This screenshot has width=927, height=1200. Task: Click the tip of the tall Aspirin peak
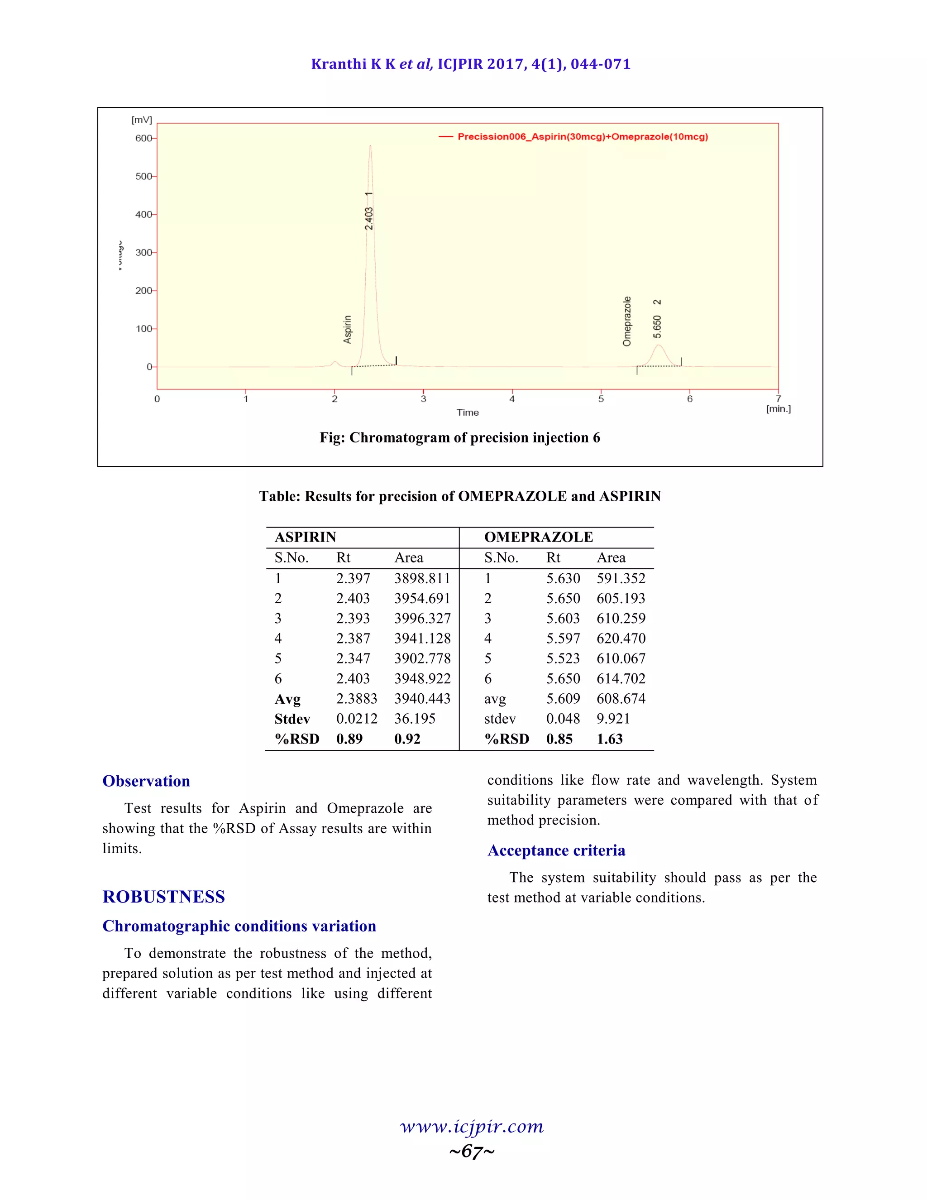point(370,146)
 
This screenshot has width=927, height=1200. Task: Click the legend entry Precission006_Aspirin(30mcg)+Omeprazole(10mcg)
point(582,137)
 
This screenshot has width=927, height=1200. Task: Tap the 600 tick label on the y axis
point(143,139)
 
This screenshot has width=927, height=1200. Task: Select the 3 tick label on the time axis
point(423,399)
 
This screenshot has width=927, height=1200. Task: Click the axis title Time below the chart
point(467,413)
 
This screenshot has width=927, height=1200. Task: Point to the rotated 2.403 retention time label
point(369,218)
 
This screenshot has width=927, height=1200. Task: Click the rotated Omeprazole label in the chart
point(626,322)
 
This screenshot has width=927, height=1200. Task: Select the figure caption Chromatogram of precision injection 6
point(460,438)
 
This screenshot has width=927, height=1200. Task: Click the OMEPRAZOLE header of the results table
point(538,538)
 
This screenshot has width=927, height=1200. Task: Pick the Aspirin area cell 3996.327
point(422,619)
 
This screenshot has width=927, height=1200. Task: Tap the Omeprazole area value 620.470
point(621,638)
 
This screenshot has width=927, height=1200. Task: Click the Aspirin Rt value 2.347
point(353,659)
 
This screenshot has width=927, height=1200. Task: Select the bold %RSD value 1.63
point(610,739)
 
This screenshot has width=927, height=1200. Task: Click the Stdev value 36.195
point(415,719)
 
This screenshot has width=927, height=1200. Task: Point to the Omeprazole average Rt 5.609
point(563,699)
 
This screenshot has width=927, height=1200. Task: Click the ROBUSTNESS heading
point(164,897)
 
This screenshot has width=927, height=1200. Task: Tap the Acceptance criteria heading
point(556,850)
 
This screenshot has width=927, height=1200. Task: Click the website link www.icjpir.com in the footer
point(472,1127)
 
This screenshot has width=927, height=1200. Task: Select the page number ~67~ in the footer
point(472,1151)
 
